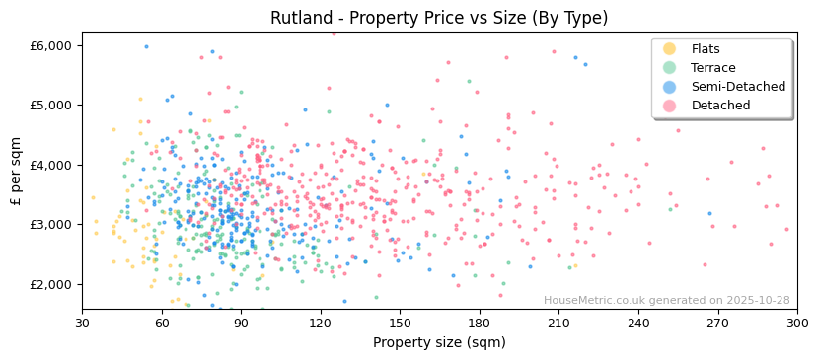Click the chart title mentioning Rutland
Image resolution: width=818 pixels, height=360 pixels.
point(439,18)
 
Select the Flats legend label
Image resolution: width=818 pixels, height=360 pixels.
point(706,49)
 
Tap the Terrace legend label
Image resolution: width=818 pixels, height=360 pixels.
point(711,68)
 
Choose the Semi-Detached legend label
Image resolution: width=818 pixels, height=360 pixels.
point(738,87)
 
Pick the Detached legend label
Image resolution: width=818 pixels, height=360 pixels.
point(719,106)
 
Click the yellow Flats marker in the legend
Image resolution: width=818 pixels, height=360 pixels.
point(670,49)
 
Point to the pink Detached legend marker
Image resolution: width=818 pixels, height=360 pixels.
point(670,106)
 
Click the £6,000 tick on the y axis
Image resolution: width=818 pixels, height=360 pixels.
point(51,45)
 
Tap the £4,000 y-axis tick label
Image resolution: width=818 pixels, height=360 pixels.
point(51,165)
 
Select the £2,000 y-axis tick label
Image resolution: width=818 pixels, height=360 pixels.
point(51,284)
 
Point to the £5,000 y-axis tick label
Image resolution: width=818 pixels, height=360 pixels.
point(51,105)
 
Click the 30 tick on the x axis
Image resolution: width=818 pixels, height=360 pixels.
point(82,324)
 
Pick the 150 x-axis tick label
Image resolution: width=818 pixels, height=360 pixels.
point(400,324)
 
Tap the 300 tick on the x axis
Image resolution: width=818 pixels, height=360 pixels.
point(797,324)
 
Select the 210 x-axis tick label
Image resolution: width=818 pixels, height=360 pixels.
point(558,324)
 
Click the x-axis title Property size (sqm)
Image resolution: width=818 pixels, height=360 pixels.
point(439,343)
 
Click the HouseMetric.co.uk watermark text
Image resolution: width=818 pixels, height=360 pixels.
point(666,301)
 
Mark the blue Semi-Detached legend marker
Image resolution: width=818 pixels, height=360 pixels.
point(670,87)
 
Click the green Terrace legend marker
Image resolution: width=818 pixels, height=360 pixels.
point(670,68)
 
